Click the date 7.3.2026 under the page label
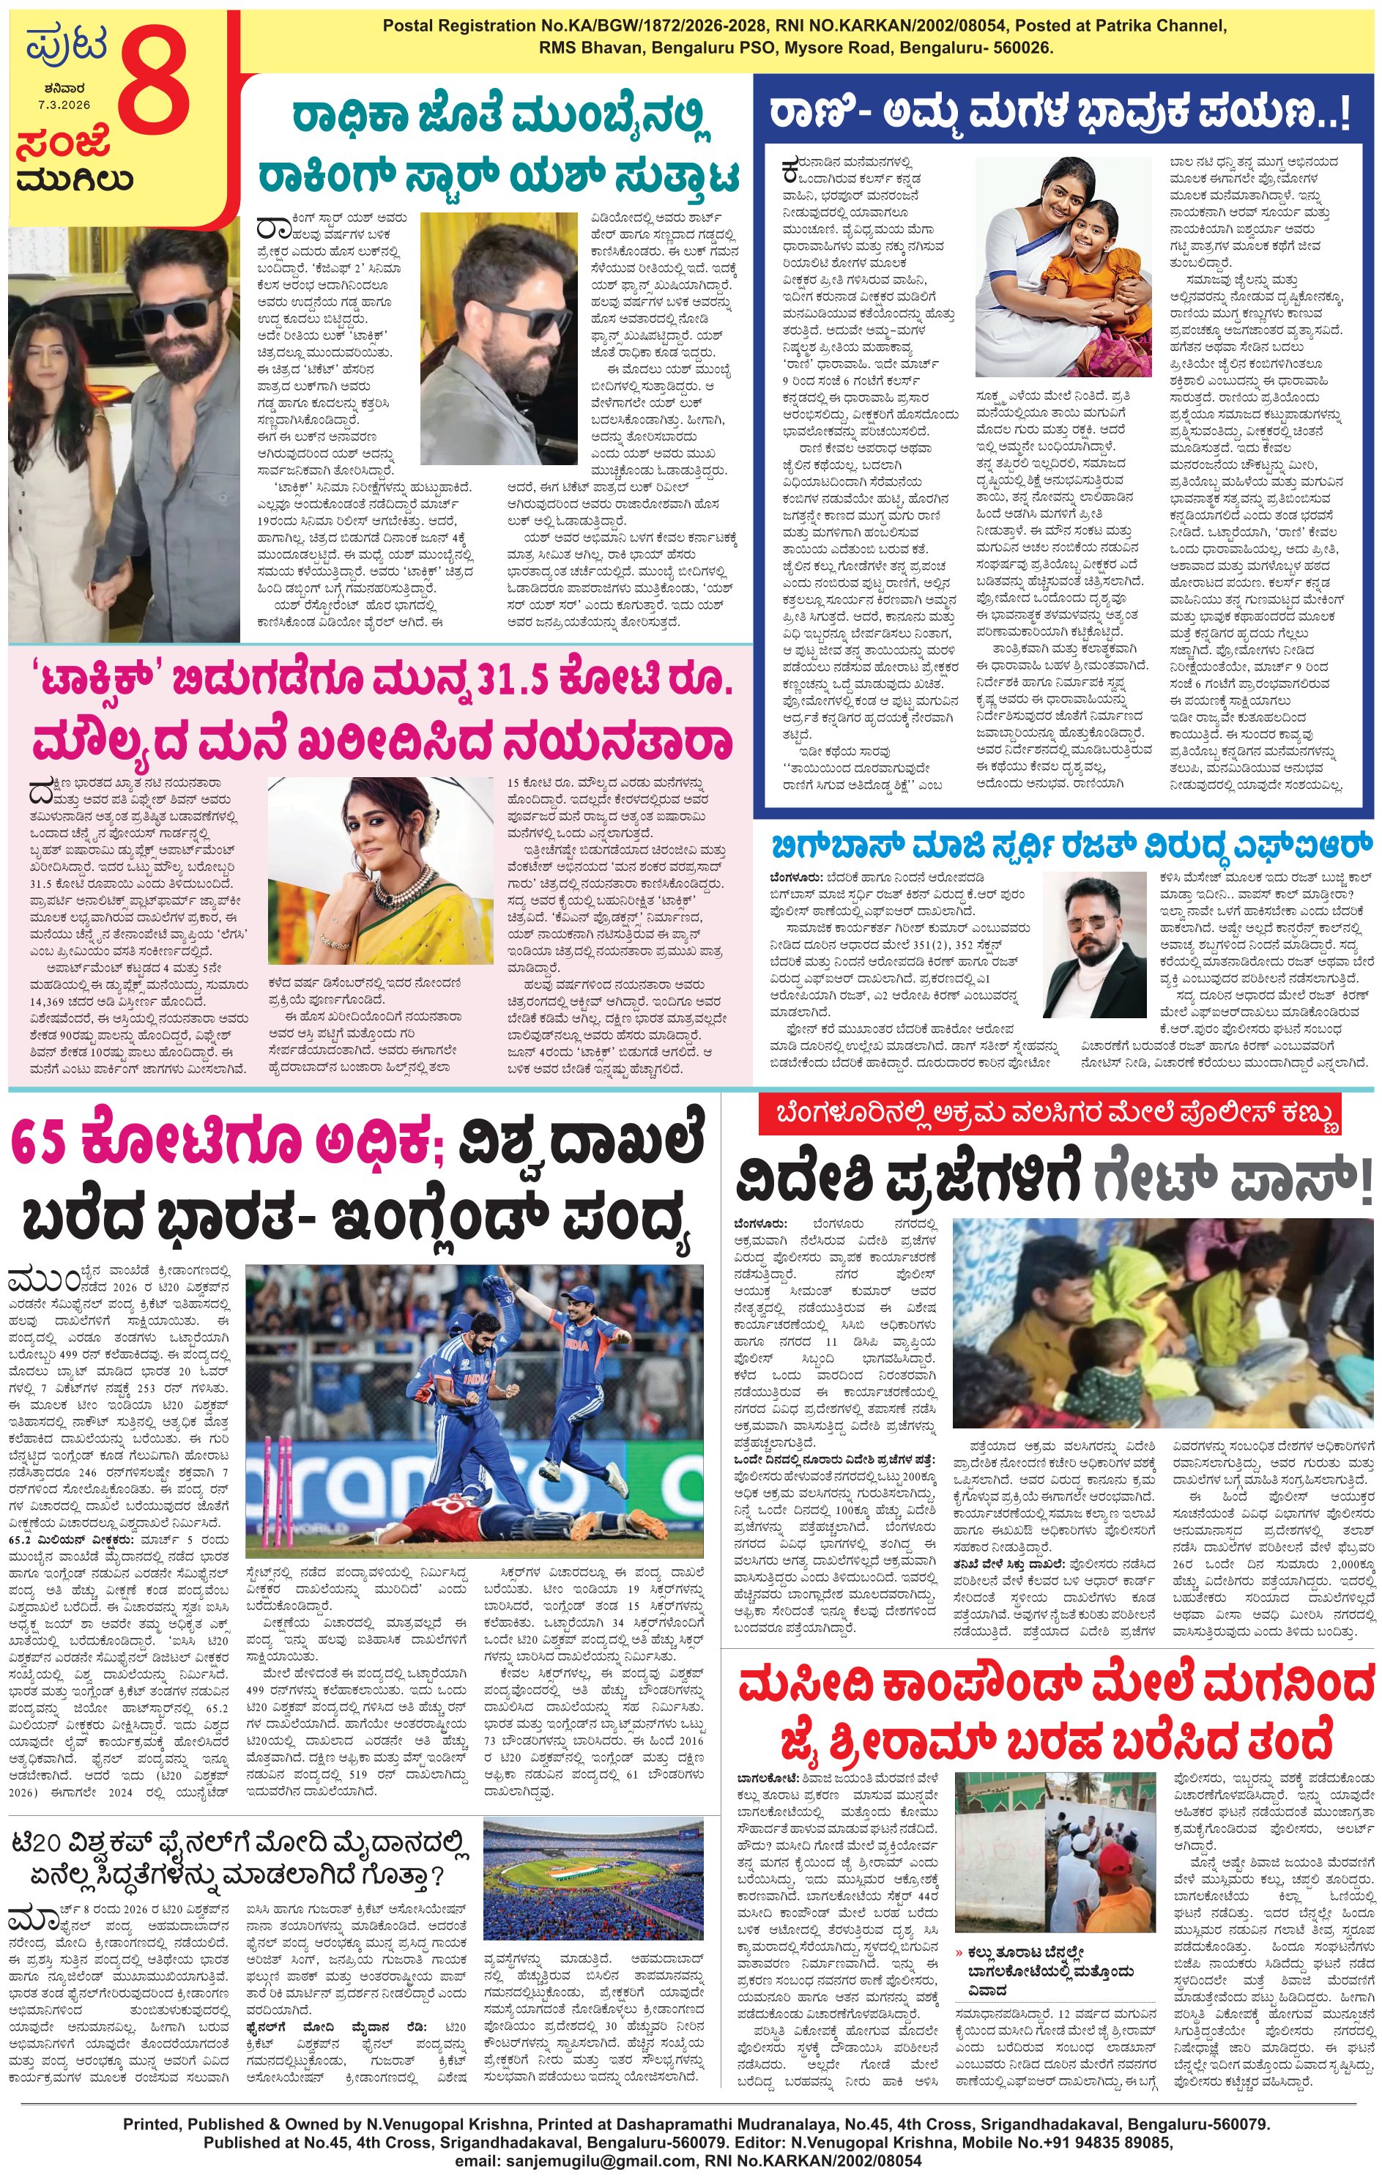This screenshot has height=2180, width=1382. pyautogui.click(x=64, y=104)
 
